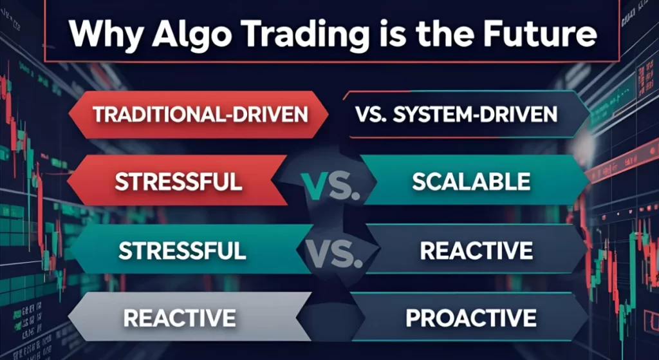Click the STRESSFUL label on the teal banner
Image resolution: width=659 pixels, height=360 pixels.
point(182,250)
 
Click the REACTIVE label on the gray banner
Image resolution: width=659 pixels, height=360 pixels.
point(179,317)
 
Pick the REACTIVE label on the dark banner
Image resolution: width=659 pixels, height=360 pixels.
point(476,250)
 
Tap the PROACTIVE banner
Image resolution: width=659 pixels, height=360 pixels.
point(471,317)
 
